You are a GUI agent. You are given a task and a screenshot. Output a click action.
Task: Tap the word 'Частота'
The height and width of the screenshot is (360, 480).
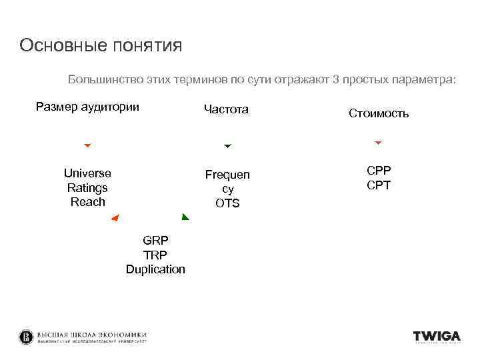point(226,109)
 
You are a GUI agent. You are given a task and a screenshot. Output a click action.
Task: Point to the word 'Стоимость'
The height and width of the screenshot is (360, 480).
point(379,113)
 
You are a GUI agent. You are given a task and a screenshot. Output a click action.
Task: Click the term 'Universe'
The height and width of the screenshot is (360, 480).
point(87,173)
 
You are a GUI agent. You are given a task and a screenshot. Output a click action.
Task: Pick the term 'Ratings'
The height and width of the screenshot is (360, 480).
point(87,187)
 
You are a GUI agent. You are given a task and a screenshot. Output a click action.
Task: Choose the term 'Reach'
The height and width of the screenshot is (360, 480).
point(87,201)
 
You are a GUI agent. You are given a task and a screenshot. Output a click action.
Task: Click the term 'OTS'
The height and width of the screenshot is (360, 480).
point(227,203)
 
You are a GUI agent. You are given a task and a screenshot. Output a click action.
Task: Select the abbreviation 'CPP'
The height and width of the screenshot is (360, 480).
point(379,171)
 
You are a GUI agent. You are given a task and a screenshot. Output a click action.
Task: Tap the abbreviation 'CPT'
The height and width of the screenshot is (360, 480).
point(379,185)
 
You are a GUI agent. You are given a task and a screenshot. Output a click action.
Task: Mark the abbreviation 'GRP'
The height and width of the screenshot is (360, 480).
point(155,240)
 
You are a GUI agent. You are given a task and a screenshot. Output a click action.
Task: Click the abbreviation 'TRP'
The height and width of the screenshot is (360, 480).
point(155,255)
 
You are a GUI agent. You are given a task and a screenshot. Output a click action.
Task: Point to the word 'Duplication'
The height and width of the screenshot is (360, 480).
point(155,269)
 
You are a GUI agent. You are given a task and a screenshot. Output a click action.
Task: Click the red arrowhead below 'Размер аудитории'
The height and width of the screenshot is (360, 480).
point(87,145)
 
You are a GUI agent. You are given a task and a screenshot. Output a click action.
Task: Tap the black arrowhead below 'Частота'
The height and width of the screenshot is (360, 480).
point(227,146)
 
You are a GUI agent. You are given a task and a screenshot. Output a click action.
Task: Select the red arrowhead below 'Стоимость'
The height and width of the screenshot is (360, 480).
point(378,143)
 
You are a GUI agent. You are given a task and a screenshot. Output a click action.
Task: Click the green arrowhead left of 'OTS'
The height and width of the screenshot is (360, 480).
point(185,217)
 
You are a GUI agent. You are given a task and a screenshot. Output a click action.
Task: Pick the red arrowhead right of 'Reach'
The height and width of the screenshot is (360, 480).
point(114,219)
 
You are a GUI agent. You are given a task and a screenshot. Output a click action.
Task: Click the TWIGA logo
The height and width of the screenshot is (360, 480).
point(437,337)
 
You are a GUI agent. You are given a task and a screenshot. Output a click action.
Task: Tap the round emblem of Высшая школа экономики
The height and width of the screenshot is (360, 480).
point(26,337)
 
